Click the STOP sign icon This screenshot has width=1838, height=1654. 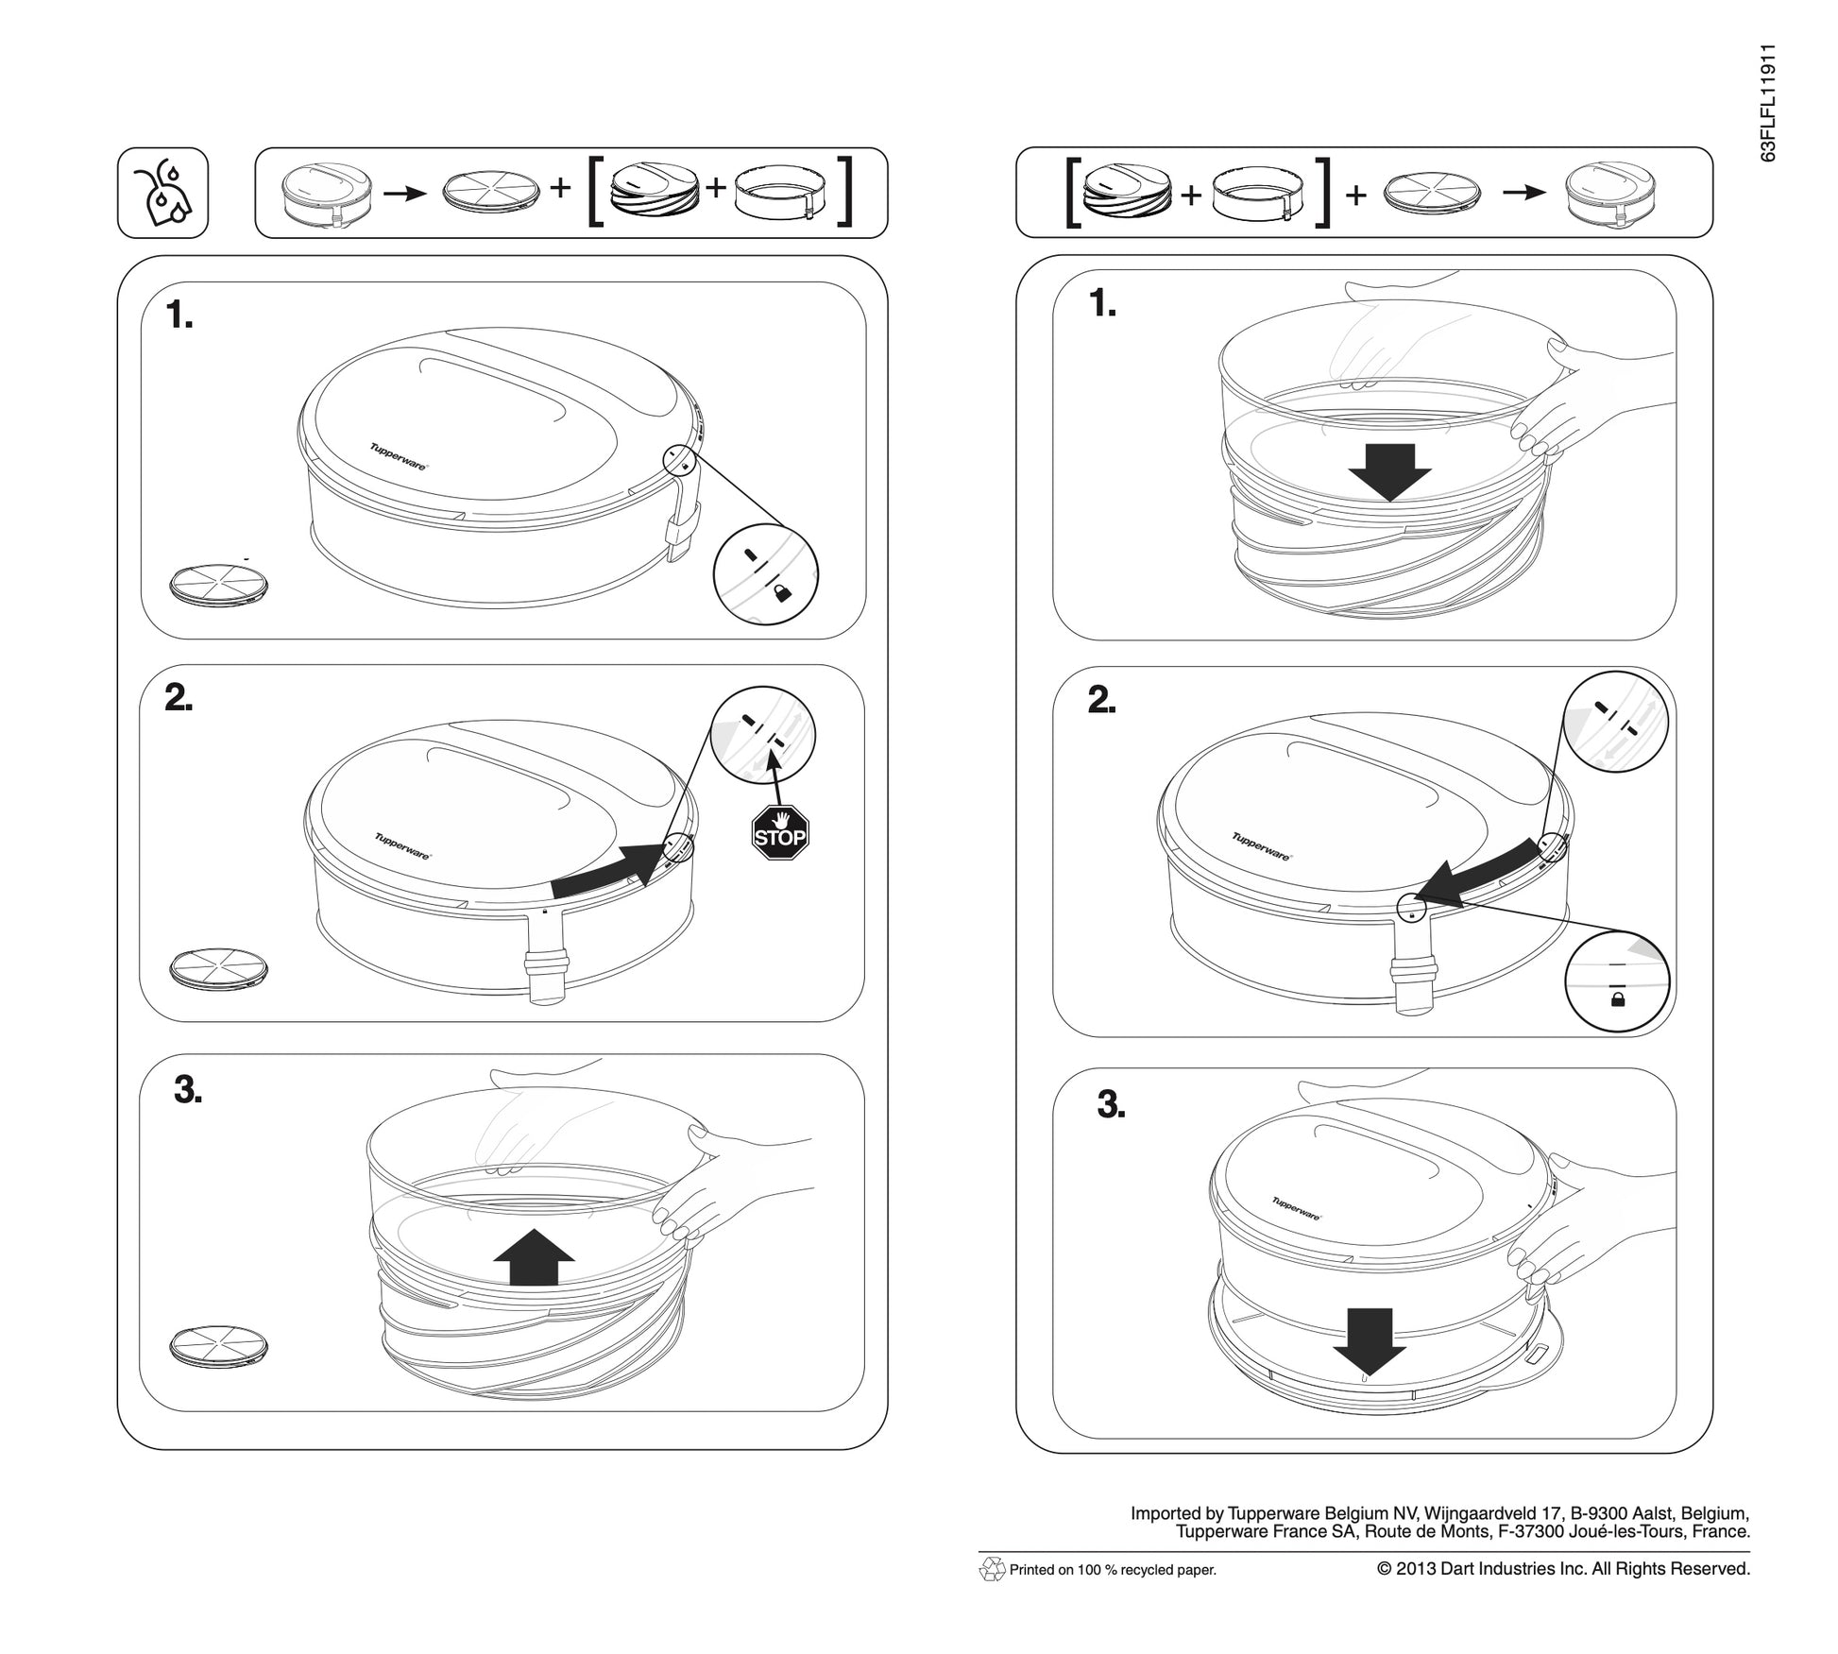[780, 832]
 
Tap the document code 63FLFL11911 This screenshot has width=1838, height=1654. [1768, 103]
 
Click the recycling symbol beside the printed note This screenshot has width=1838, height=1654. [992, 1569]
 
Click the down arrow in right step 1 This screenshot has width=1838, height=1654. [1390, 471]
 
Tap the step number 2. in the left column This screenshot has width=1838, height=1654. [179, 698]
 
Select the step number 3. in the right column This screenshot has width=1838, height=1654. [1111, 1104]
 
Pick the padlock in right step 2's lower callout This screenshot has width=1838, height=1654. [1617, 998]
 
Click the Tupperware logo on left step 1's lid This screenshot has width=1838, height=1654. [398, 456]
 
